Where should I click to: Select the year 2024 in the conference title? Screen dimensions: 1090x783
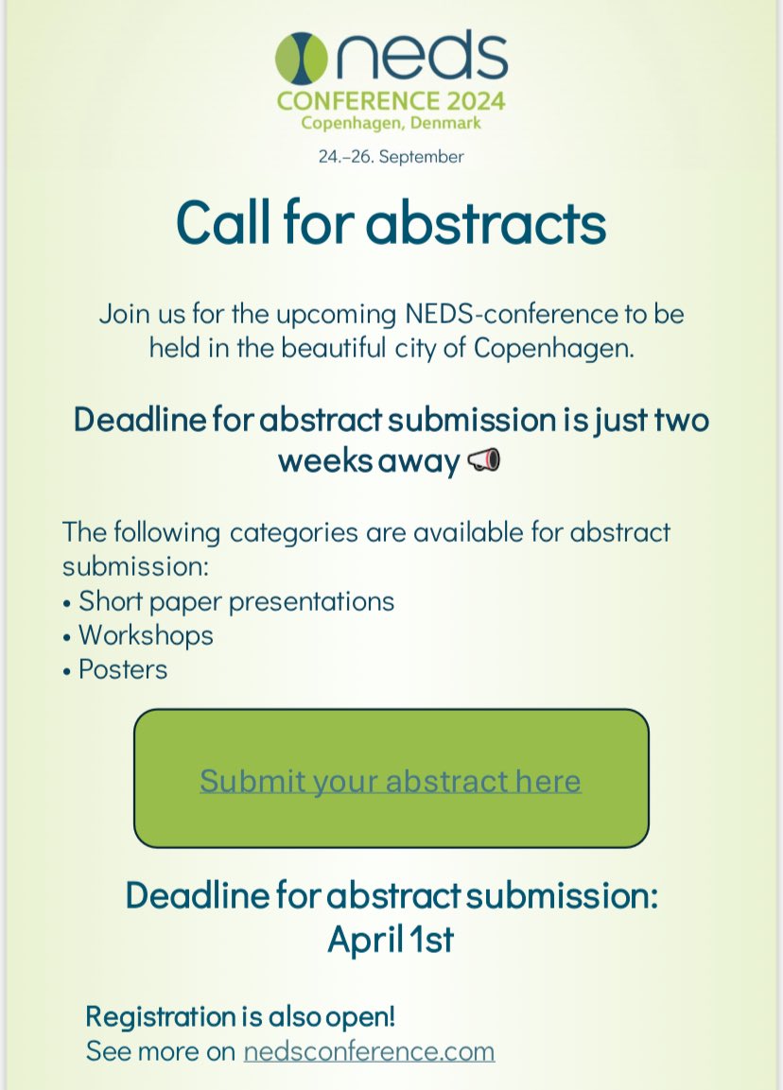[474, 100]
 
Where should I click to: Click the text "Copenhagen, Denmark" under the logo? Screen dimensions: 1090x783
[391, 123]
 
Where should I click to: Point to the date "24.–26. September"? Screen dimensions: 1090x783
[391, 156]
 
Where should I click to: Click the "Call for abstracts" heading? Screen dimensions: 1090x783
[391, 223]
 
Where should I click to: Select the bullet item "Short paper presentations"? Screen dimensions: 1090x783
[236, 600]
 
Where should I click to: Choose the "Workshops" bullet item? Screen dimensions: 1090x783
[146, 634]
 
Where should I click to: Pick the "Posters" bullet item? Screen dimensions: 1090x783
[123, 669]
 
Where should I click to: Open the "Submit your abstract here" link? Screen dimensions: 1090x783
[391, 780]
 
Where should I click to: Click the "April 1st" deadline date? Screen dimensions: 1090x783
[391, 940]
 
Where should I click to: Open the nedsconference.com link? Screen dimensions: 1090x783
[369, 1051]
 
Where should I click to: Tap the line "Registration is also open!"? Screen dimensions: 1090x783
[240, 1016]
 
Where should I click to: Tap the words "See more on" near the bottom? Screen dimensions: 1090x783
[161, 1051]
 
